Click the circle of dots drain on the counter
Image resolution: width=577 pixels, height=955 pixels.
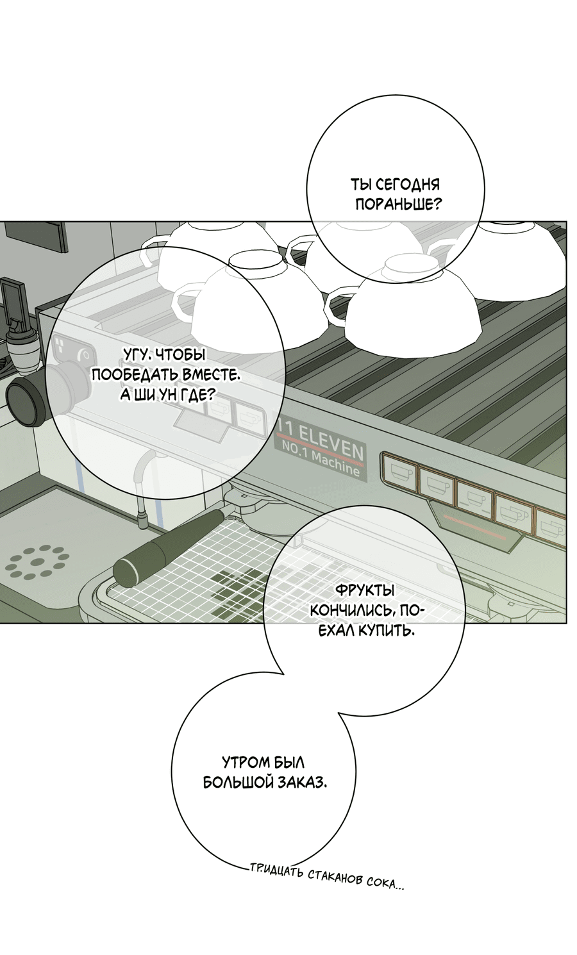coord(37,561)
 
